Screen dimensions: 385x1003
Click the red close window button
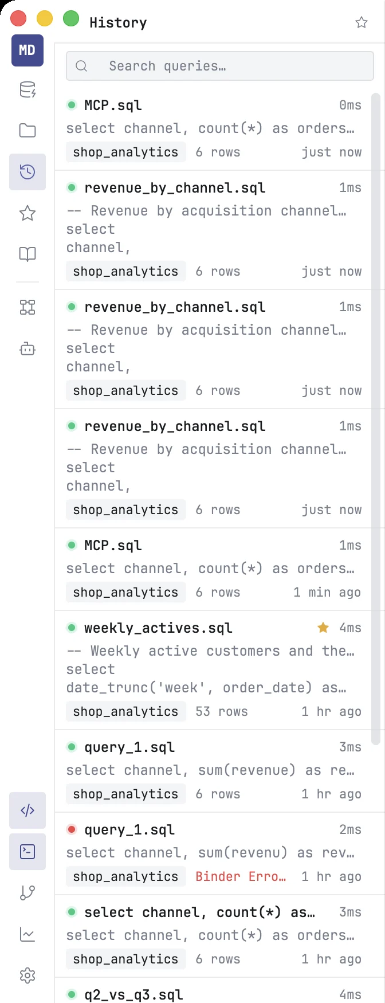coord(18,19)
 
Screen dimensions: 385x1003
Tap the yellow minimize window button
coord(45,19)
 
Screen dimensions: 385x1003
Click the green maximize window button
coord(71,19)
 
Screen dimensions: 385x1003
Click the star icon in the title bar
coord(362,22)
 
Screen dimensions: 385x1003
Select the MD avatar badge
coord(27,50)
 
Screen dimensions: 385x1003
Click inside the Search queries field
coord(220,66)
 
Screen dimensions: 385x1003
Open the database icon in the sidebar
coord(27,90)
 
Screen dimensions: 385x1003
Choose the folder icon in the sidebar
coord(27,131)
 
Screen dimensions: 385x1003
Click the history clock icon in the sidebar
coord(27,172)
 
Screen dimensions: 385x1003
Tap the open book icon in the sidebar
coord(27,254)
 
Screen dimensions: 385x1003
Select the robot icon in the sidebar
coord(27,348)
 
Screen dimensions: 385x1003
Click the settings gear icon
coord(27,975)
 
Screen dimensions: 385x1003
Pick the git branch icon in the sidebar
coord(27,893)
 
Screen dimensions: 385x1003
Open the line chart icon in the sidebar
coord(27,934)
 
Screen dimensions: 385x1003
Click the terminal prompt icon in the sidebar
coord(27,852)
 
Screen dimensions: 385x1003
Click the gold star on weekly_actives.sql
coord(323,628)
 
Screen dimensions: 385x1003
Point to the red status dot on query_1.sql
coord(72,829)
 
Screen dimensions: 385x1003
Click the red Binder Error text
coord(241,876)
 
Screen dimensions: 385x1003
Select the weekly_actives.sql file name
coord(158,628)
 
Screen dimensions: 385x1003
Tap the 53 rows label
coord(222,711)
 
